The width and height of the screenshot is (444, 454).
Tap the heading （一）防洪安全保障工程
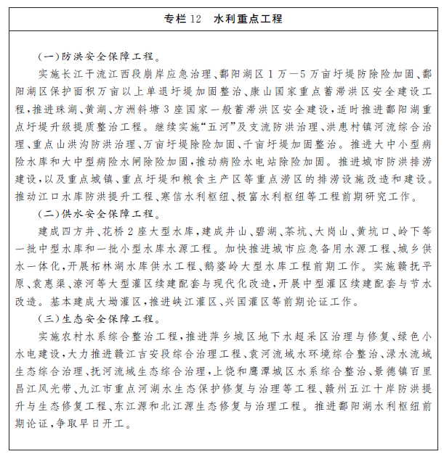(97, 54)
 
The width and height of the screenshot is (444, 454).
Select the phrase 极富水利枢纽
(283, 196)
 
